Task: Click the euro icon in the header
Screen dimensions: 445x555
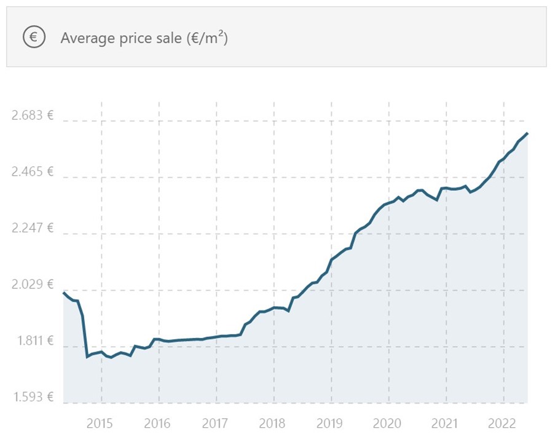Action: click(x=34, y=37)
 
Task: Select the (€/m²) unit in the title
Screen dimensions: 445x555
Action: click(x=207, y=37)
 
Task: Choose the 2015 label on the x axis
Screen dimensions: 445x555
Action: click(x=100, y=424)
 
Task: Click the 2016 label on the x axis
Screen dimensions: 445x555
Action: click(x=157, y=424)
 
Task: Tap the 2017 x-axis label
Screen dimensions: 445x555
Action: click(x=215, y=424)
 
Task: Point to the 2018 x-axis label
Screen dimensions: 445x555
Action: click(x=273, y=424)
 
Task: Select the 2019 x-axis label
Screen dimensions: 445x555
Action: click(x=331, y=424)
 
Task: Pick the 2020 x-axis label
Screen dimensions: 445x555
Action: click(x=388, y=424)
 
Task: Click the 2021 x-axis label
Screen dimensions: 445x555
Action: click(x=446, y=424)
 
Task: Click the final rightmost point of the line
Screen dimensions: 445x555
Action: click(x=527, y=133)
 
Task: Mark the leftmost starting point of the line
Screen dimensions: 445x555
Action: click(x=64, y=293)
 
